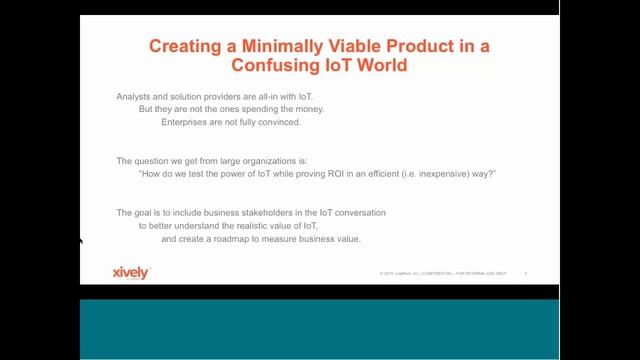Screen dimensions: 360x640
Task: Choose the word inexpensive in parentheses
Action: [x=446, y=173]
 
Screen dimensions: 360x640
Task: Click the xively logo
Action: [x=131, y=271]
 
